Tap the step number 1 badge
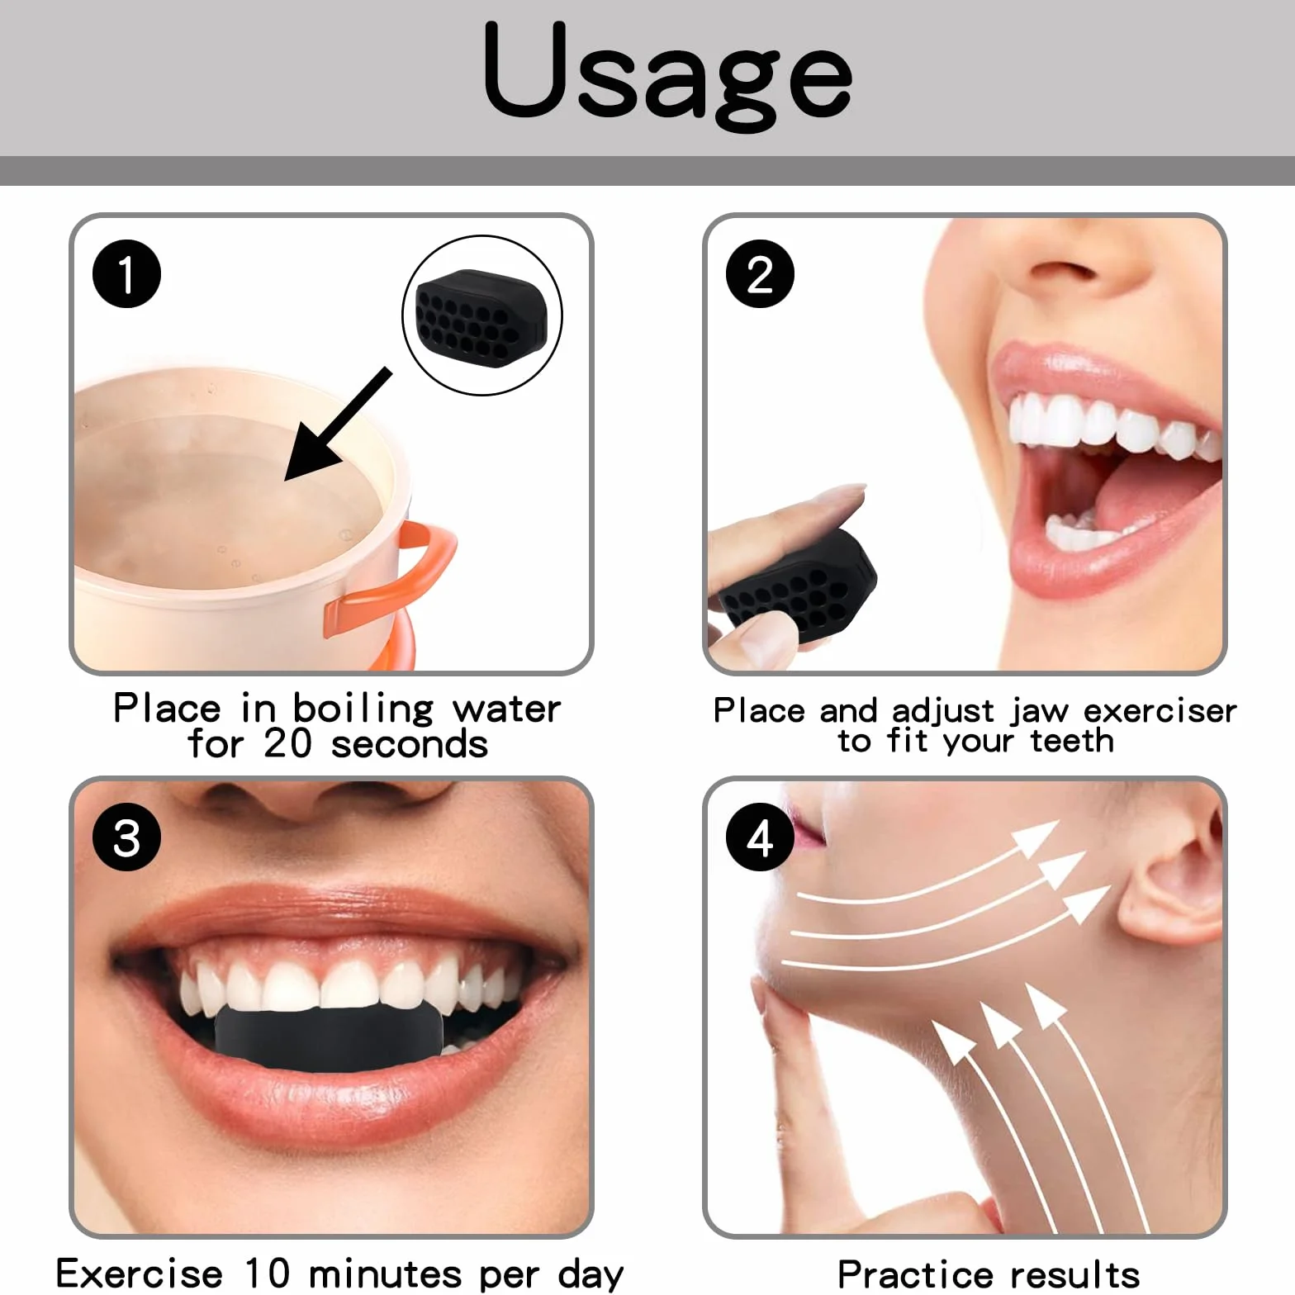tap(126, 274)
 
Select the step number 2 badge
tap(760, 274)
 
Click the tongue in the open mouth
tap(1140, 504)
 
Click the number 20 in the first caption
tap(287, 742)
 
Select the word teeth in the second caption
tap(1072, 741)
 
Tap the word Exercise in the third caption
tap(140, 1273)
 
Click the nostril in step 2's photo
tap(1057, 271)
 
